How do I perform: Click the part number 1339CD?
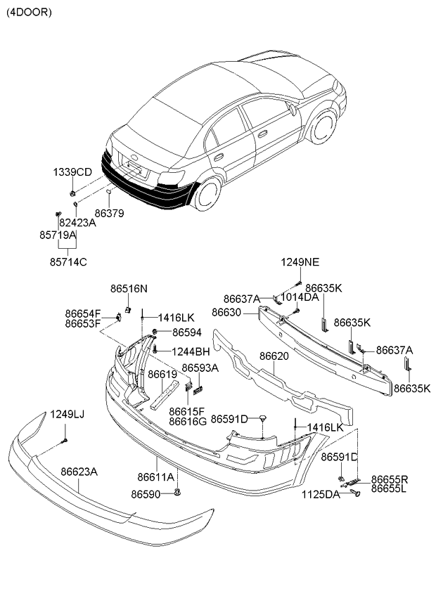pos(73,172)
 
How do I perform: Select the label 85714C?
pos(68,262)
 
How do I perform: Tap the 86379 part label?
pos(109,213)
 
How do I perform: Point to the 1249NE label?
pos(300,262)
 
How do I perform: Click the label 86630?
pos(227,311)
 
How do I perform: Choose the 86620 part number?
pos(274,356)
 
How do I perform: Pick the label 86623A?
pos(79,472)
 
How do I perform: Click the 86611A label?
pos(156,477)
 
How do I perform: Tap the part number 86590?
pos(146,494)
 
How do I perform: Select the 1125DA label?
pos(321,495)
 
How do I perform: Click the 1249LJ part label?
pos(67,415)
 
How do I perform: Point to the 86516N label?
pos(129,288)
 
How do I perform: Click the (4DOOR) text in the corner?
pos(29,12)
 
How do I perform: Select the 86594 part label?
pos(187,332)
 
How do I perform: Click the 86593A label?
pos(200,368)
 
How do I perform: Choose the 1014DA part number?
pos(300,297)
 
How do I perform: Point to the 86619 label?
pos(162,375)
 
